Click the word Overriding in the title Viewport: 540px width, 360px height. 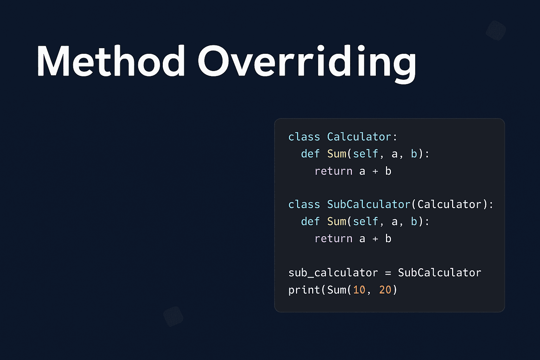(307, 62)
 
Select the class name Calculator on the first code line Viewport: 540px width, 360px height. (359, 137)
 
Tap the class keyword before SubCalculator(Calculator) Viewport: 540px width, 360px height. (304, 204)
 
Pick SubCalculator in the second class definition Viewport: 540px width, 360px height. (368, 204)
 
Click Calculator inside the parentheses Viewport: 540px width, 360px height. (449, 204)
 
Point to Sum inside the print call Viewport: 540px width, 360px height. (337, 290)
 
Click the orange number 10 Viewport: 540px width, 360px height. (359, 290)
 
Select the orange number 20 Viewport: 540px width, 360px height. (385, 290)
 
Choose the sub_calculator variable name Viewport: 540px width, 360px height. (333, 273)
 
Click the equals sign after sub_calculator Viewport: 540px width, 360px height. (388, 273)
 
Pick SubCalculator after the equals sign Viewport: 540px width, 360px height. (439, 273)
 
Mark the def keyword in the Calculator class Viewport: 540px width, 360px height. (310, 154)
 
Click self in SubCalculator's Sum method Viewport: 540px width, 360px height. (366, 221)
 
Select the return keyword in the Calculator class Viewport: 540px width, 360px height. (333, 171)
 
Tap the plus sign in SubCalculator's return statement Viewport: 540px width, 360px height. (375, 239)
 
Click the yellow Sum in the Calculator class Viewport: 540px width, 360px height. (337, 154)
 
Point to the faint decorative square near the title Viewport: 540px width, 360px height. (496, 31)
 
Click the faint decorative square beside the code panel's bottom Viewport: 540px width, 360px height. (173, 316)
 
